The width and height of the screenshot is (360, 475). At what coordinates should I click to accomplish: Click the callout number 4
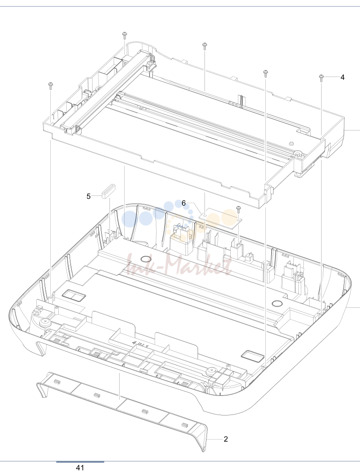click(342, 77)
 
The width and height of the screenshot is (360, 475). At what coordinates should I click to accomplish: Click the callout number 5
click(89, 196)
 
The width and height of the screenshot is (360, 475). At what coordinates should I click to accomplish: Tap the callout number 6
click(183, 203)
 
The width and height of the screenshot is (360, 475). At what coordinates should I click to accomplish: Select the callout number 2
click(226, 439)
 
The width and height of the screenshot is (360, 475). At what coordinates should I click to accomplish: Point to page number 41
click(80, 468)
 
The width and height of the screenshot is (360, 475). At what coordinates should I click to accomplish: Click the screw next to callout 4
click(321, 78)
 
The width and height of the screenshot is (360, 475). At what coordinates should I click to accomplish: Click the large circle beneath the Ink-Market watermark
click(146, 259)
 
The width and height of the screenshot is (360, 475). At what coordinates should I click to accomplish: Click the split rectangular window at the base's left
click(74, 294)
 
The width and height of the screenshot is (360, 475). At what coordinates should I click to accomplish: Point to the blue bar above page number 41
click(80, 462)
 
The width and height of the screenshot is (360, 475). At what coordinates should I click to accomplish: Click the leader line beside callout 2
click(215, 439)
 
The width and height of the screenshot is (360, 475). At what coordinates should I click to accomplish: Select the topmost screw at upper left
click(124, 35)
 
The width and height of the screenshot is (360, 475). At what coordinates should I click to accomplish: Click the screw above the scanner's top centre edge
click(205, 46)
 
